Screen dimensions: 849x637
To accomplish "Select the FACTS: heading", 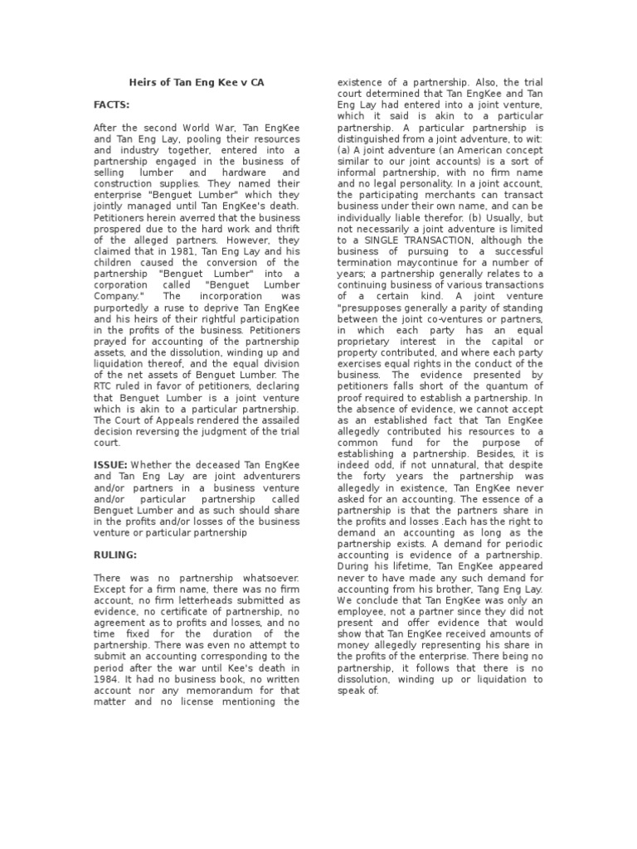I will click(x=111, y=106).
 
